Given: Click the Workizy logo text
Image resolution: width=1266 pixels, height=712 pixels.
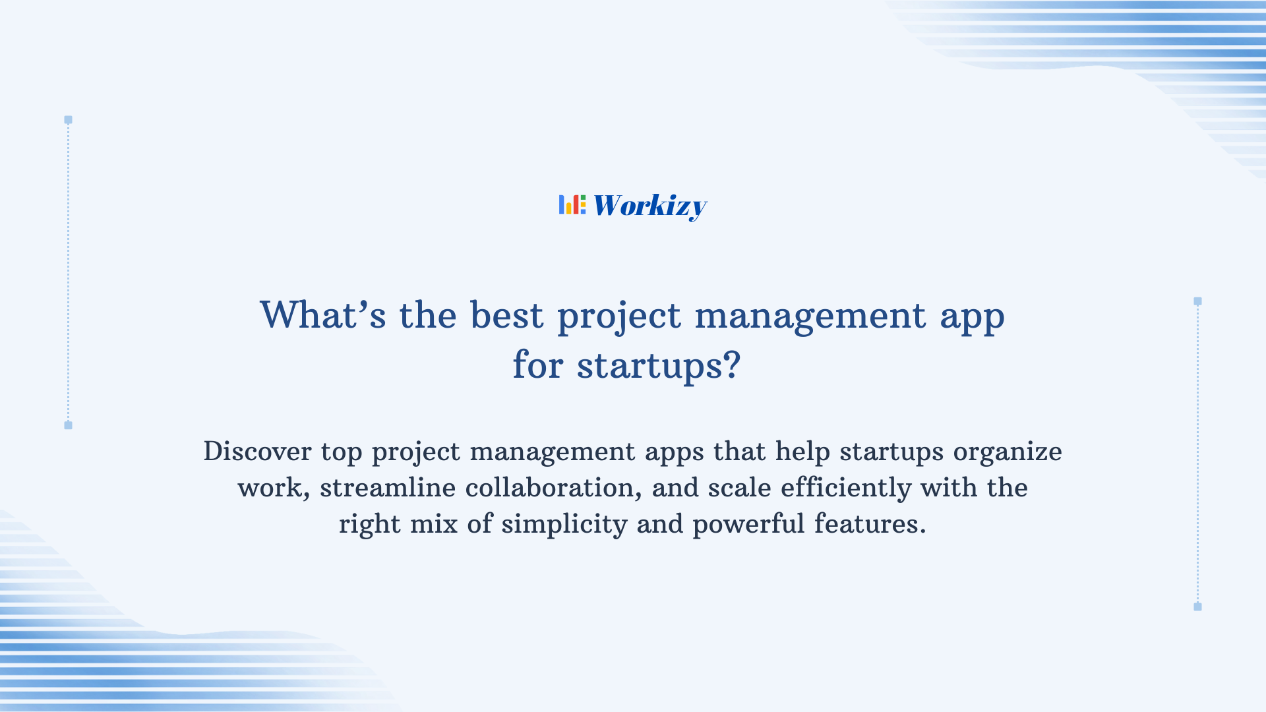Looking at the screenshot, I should (649, 206).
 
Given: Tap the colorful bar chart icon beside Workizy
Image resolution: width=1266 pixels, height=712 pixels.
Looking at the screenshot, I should (572, 204).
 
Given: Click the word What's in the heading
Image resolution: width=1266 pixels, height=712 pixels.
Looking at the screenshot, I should (322, 315).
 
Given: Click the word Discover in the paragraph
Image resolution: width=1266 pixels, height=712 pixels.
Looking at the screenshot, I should (257, 452).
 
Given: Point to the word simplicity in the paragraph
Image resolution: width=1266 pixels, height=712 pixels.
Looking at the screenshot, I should (564, 525).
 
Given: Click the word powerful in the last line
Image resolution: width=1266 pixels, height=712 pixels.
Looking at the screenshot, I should (748, 525).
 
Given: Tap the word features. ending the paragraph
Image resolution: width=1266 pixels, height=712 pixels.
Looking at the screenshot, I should (870, 524).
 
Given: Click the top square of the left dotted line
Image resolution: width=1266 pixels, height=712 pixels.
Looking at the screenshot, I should (68, 120).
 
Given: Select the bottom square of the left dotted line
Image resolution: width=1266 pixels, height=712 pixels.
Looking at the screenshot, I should (68, 425).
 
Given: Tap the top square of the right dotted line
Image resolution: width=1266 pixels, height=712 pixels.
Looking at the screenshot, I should (1197, 301).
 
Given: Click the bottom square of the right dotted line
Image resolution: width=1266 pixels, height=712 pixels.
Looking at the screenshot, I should (1197, 607).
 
